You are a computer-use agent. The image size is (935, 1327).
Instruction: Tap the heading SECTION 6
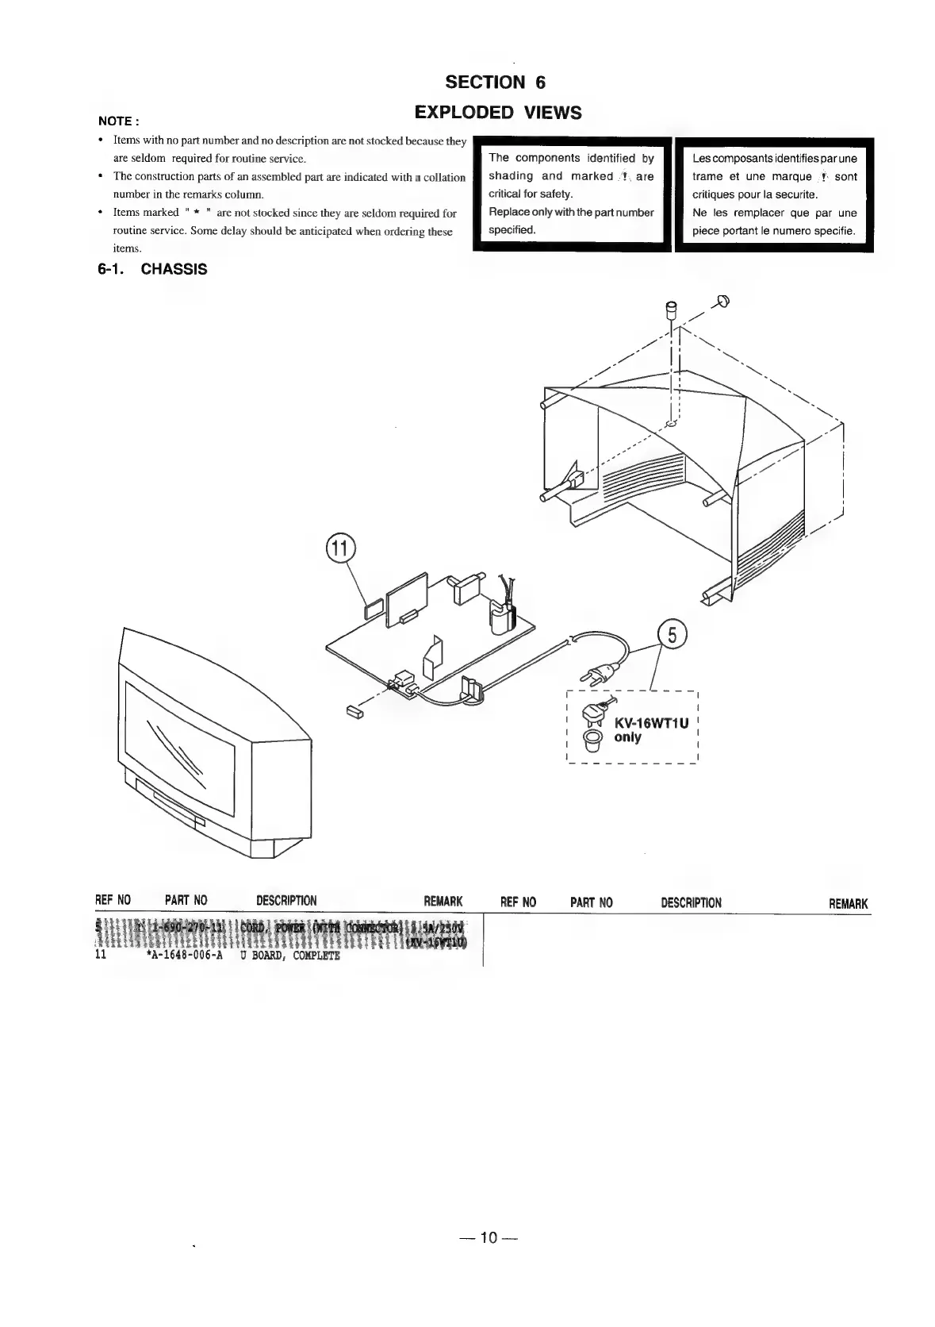pos(496,83)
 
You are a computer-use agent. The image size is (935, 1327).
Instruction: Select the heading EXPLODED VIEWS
pos(498,113)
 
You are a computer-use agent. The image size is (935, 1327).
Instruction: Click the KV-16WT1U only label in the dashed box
pos(650,730)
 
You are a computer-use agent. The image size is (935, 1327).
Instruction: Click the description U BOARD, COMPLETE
pos(289,956)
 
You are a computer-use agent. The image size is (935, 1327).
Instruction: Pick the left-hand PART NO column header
pos(186,900)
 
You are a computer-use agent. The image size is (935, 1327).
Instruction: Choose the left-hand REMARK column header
pos(443,901)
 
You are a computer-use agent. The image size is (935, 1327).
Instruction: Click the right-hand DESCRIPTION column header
pos(691,902)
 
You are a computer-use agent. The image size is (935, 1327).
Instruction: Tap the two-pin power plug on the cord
pos(598,675)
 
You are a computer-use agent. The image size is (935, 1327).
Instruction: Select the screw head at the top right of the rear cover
pos(722,300)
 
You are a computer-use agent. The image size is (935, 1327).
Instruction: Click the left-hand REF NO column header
pos(113,900)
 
